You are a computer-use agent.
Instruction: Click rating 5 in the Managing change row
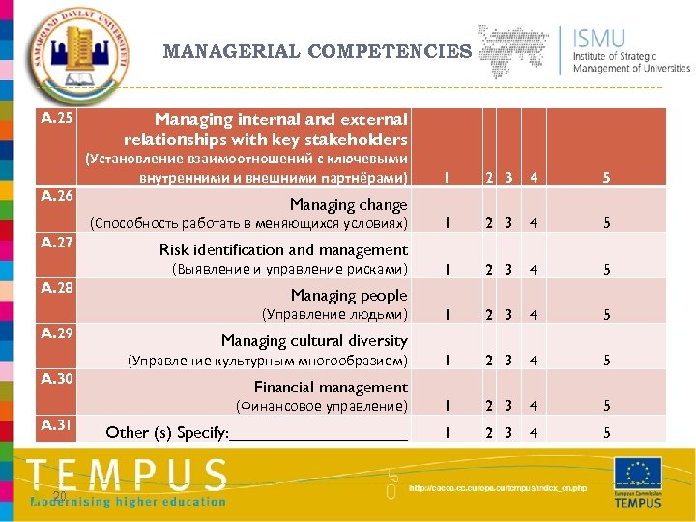pos(607,223)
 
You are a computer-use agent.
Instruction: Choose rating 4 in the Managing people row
pos(533,315)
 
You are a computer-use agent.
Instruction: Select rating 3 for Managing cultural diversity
pos(507,361)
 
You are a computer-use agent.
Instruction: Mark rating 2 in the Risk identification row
pos(490,270)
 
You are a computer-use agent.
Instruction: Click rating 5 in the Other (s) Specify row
pos(607,433)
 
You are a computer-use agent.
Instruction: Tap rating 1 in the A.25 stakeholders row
pos(446,178)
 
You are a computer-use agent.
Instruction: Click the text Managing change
pos(349,205)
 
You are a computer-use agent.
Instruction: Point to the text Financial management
pos(331,388)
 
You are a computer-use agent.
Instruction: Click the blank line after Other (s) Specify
pos(319,434)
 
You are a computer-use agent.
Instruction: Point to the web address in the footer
pos(497,488)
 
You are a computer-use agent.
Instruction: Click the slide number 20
pos(59,496)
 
